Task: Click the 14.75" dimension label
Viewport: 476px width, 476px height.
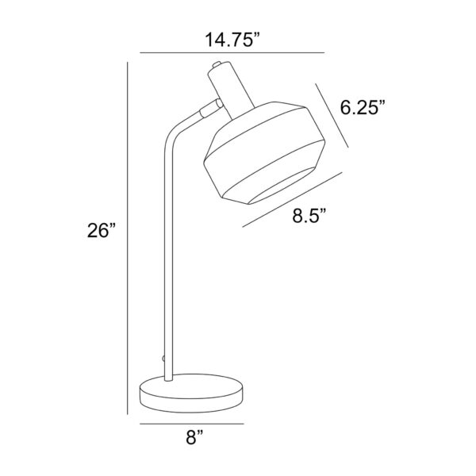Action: coord(232,40)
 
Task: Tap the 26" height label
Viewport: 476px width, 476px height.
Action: coord(102,230)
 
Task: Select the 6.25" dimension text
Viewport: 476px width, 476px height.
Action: coord(363,107)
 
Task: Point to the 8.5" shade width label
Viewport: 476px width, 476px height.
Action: coord(309,216)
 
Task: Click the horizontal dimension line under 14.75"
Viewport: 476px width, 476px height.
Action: coord(232,53)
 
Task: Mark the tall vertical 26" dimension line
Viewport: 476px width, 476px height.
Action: coord(128,238)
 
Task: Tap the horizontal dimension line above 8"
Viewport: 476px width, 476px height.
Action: coord(192,424)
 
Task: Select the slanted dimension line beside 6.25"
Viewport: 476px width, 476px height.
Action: coord(332,116)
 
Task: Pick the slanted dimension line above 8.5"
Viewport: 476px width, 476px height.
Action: coord(292,200)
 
